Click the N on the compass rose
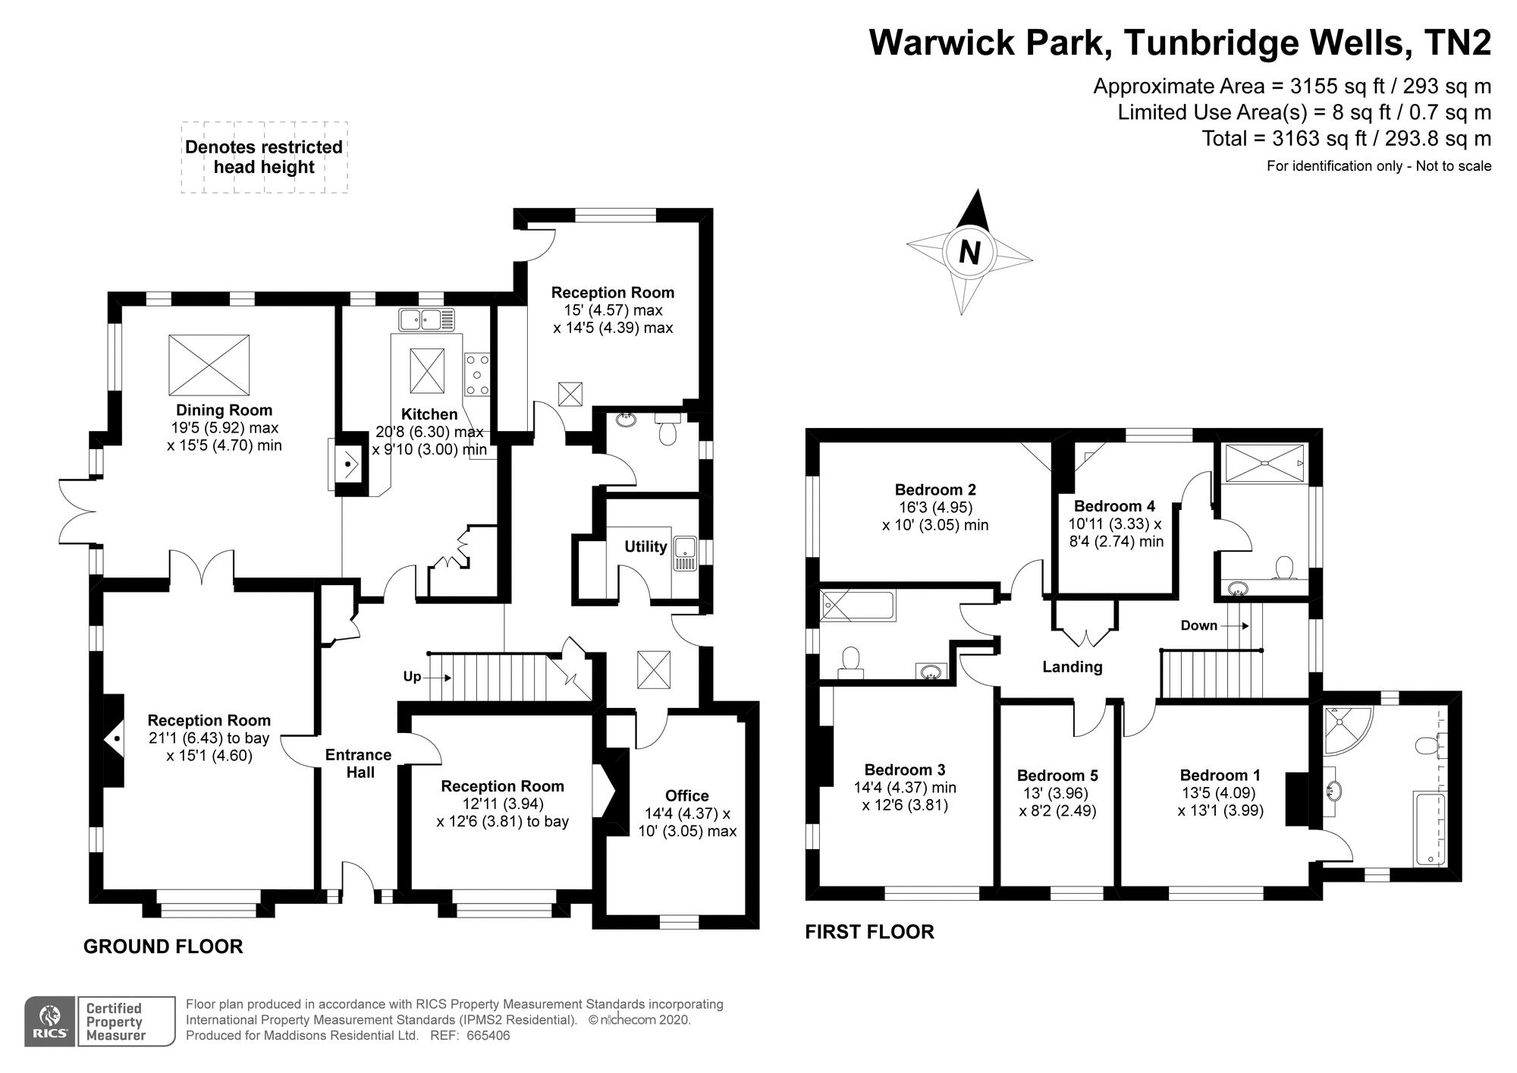pyautogui.click(x=969, y=251)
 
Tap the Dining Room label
pyautogui.click(x=224, y=411)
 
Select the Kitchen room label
pyautogui.click(x=429, y=414)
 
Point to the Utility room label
pyautogui.click(x=645, y=546)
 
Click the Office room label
pyautogui.click(x=686, y=795)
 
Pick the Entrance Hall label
pyautogui.click(x=359, y=763)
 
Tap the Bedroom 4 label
pyautogui.click(x=1114, y=506)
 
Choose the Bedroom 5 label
pyautogui.click(x=1057, y=776)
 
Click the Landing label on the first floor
pyautogui.click(x=1072, y=667)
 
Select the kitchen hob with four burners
pyautogui.click(x=477, y=375)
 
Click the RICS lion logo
pyautogui.click(x=50, y=1021)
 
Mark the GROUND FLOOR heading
pyautogui.click(x=163, y=946)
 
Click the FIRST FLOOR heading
pyautogui.click(x=869, y=932)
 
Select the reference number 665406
pyautogui.click(x=488, y=1036)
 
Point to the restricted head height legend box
pyautogui.click(x=264, y=157)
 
